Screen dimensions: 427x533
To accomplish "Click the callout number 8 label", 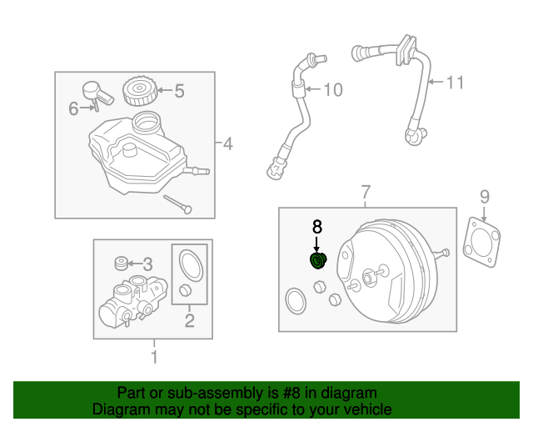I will [316, 226].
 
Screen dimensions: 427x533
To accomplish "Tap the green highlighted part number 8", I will [318, 262].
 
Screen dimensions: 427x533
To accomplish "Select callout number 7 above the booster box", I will [364, 194].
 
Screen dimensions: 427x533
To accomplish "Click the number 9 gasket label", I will [484, 197].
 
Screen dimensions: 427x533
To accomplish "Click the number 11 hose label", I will [454, 83].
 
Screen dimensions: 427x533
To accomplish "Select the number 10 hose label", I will [332, 89].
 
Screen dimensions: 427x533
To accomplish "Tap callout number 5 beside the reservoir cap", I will [179, 90].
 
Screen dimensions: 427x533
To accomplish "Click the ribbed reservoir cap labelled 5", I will [137, 91].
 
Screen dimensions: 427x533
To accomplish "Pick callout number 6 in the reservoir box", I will [72, 108].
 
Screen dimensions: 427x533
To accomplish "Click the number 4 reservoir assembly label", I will [227, 144].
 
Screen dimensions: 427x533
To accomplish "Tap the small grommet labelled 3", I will [121, 265].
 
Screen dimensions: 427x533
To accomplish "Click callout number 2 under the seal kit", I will [189, 319].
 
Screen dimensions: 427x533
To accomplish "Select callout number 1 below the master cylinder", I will [153, 359].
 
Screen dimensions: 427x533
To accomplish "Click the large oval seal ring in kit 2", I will [191, 264].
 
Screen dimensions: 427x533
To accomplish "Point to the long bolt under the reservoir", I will [177, 203].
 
